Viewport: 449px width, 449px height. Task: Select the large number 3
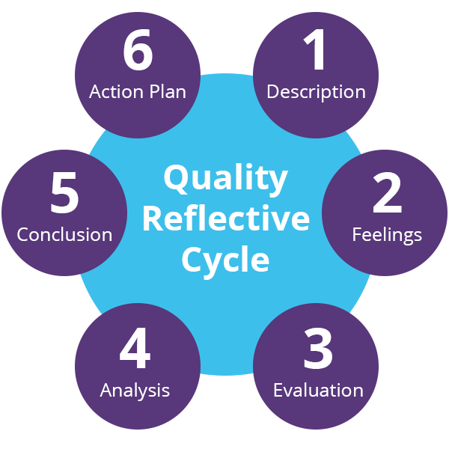coord(317,349)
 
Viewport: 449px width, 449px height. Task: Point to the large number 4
coord(135,349)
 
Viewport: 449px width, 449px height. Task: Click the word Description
coord(316,92)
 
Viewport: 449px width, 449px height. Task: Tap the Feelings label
coord(387,234)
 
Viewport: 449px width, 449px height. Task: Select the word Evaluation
coord(318,390)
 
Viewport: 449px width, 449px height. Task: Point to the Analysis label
coord(135,390)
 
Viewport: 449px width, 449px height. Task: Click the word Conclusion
coord(64,234)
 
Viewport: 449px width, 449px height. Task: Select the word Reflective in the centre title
coord(225,220)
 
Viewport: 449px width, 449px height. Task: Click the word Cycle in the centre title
coord(225,260)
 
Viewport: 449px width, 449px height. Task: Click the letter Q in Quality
coord(175,180)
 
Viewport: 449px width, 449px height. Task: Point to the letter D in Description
coord(272,92)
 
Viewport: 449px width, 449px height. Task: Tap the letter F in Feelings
coord(356,234)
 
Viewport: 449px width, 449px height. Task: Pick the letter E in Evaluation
coord(278,390)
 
